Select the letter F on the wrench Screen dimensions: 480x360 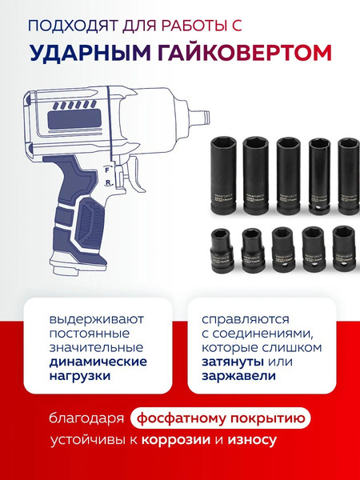tap(105, 170)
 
